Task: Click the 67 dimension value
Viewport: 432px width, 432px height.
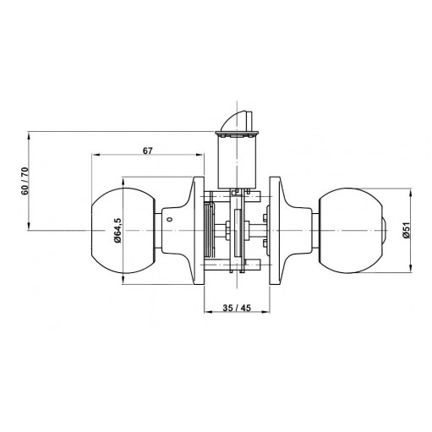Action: point(147,151)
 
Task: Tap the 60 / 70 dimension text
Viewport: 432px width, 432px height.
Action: point(25,181)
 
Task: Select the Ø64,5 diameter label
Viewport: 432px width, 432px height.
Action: point(118,230)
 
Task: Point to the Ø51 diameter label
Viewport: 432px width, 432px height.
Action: point(407,231)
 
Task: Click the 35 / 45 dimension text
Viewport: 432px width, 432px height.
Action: point(237,308)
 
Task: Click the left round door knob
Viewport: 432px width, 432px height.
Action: point(123,230)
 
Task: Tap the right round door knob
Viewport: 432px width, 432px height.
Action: point(351,231)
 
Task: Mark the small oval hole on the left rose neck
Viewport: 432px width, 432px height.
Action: point(169,219)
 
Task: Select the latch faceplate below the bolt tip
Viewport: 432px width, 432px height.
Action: point(237,134)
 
